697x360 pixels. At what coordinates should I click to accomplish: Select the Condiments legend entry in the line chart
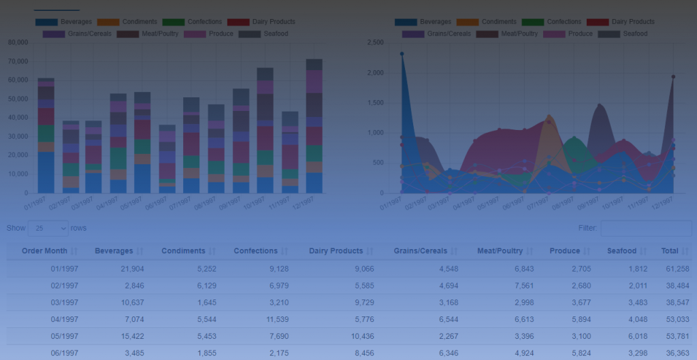476,22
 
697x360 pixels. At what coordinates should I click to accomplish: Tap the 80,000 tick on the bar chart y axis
18,42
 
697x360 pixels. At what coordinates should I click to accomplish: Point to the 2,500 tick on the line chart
374,42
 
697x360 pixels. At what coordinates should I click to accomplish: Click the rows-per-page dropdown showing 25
48,228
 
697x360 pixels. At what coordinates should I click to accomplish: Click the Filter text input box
645,228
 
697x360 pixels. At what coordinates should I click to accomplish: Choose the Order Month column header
44,251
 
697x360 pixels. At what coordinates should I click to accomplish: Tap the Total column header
670,251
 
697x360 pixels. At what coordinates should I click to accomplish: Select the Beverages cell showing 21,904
129,269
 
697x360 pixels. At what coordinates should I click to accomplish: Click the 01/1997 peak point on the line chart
402,54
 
